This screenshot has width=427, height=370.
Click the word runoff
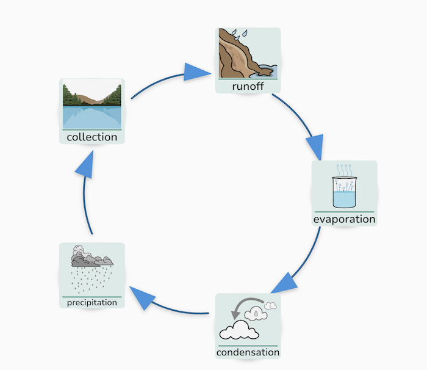point(248,86)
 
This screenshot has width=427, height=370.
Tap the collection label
point(92,137)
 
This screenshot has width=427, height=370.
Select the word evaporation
point(344,219)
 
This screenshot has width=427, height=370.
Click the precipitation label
point(91,302)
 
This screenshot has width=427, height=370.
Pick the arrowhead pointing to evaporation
point(315,147)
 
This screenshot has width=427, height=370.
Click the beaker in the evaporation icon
point(344,192)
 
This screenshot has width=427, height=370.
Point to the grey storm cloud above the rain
point(90,258)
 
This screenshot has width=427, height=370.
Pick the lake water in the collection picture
point(91,117)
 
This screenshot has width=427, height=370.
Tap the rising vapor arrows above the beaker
point(345,169)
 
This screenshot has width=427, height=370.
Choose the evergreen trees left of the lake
point(72,96)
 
